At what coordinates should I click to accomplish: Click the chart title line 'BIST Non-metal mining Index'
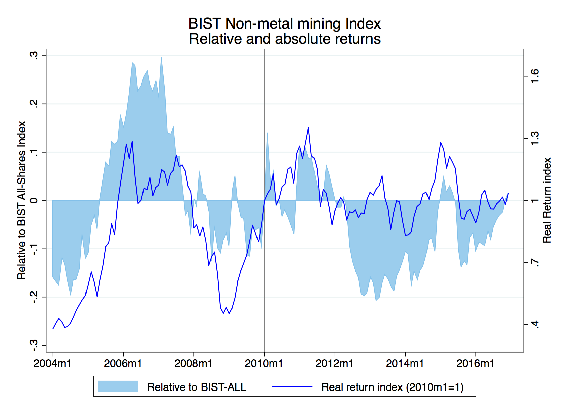(285, 24)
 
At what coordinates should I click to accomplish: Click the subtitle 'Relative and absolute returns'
(285, 39)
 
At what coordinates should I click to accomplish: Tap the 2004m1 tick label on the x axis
(52, 363)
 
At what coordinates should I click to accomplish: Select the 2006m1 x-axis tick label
(123, 363)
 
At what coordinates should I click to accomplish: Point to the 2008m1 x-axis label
(193, 363)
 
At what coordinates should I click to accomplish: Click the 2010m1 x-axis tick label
(264, 363)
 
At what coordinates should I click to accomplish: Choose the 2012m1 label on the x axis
(334, 363)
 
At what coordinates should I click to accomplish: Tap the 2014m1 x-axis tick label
(405, 363)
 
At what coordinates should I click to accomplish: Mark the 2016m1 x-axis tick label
(475, 363)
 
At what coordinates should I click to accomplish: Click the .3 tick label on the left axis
(34, 55)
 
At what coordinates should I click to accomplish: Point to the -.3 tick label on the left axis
(34, 345)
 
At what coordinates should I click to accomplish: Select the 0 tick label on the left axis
(34, 201)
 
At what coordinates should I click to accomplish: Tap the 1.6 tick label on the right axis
(535, 76)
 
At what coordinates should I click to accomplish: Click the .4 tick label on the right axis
(535, 324)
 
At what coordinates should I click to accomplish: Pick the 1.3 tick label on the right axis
(535, 138)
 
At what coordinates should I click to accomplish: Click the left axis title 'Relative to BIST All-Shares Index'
(22, 200)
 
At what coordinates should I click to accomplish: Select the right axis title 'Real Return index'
(547, 200)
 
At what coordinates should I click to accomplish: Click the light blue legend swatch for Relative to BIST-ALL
(118, 386)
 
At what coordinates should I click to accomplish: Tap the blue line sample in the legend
(292, 386)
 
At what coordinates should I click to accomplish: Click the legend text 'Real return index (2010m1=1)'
(392, 387)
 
